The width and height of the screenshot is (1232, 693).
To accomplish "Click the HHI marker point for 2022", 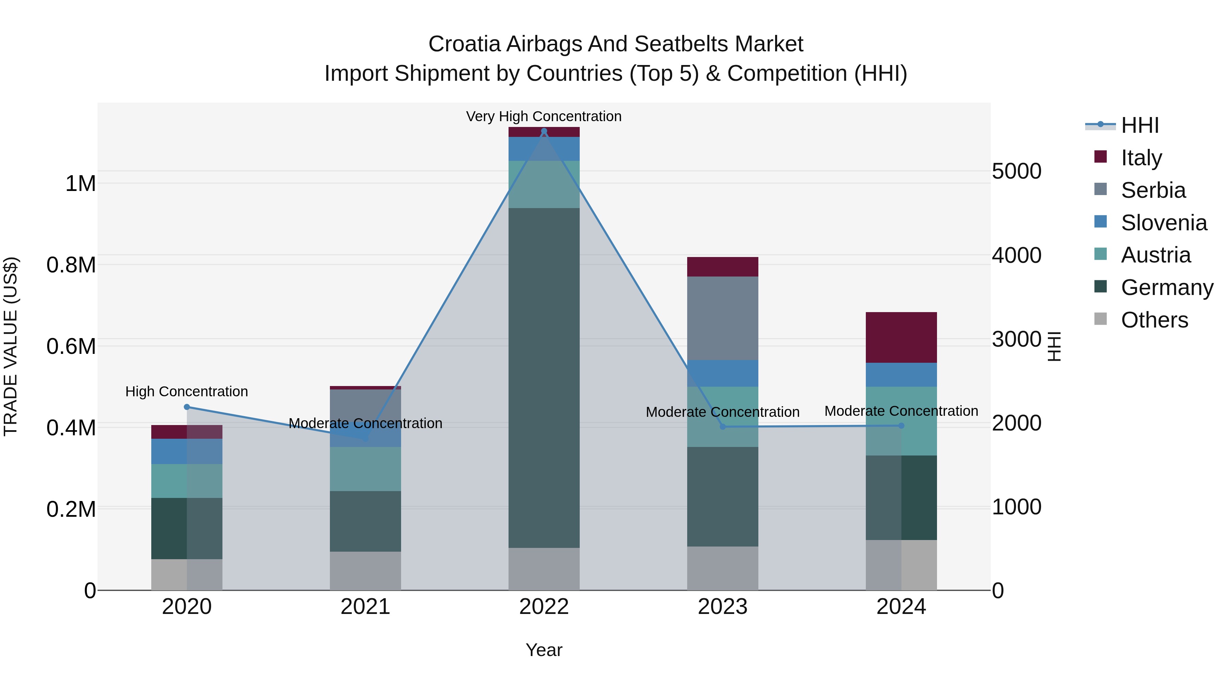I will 544,131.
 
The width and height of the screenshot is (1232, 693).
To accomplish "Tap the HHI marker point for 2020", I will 187,407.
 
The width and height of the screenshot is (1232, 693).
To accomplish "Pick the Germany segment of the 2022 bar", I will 544,378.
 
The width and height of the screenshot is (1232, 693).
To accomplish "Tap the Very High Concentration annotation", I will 544,116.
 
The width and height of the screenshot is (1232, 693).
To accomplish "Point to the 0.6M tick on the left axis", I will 71,346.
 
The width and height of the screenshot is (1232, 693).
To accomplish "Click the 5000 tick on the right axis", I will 1016,171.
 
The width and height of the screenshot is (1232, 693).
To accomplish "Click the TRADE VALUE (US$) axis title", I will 11,346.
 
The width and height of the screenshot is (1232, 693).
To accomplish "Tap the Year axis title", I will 544,650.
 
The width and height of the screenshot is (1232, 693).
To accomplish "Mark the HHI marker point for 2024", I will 901,426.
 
